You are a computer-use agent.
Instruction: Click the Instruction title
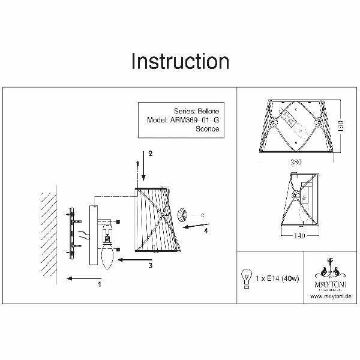179,62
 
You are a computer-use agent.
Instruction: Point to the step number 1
100,286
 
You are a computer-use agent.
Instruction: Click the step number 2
151,154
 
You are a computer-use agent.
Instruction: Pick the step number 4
206,230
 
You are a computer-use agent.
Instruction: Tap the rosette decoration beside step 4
182,214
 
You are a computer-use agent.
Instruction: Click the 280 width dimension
294,162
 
